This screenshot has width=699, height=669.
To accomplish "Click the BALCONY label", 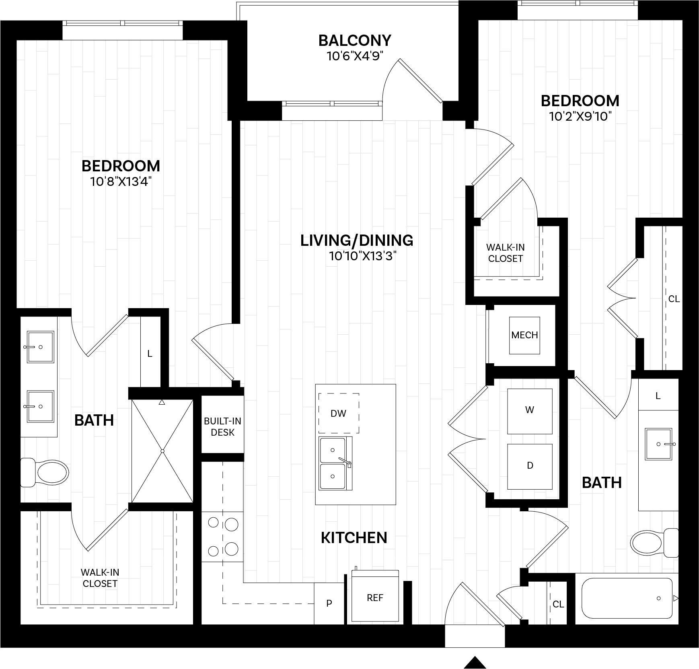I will [354, 41].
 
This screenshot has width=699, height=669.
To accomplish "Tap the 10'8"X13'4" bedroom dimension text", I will [121, 182].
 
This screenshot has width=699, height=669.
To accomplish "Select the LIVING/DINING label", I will [357, 240].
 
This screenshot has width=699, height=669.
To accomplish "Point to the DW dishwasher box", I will [339, 413].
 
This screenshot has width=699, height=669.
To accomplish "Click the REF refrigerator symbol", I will [375, 598].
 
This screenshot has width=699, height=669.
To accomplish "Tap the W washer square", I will [530, 410].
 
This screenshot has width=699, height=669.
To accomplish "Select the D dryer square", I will [530, 466].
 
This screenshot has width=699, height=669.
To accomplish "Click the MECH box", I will [524, 335].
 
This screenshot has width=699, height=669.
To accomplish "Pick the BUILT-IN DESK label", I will [222, 427].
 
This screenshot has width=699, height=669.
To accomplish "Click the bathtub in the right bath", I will [627, 598].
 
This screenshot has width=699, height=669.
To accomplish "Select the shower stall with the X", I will [162, 451].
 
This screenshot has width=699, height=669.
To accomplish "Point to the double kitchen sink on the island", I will [335, 463].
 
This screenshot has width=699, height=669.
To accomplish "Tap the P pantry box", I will [329, 603].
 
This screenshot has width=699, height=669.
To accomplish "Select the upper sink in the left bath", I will [40, 346].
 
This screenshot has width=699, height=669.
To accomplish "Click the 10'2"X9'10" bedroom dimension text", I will [580, 117].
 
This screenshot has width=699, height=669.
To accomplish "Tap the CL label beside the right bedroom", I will [674, 299].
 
